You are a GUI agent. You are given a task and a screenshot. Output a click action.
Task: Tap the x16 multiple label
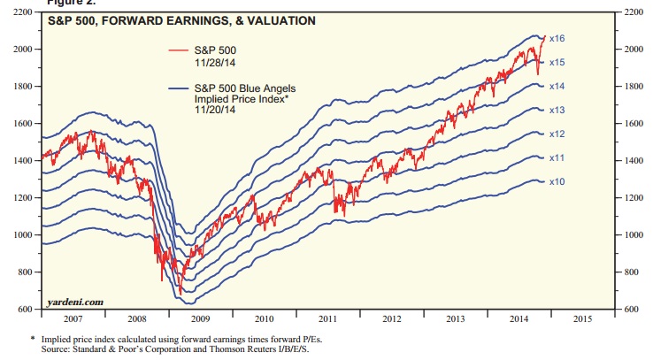[557, 39]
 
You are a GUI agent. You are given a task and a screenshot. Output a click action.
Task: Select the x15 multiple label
[557, 63]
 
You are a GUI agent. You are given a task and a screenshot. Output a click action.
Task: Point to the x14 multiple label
[557, 87]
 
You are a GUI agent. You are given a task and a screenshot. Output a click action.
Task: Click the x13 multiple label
[557, 111]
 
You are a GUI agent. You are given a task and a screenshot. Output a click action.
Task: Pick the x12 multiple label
[557, 134]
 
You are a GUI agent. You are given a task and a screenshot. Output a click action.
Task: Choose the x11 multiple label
[557, 157]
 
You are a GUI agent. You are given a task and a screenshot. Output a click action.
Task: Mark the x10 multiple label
[557, 181]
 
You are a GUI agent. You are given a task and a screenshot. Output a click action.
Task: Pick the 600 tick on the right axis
[634, 310]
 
